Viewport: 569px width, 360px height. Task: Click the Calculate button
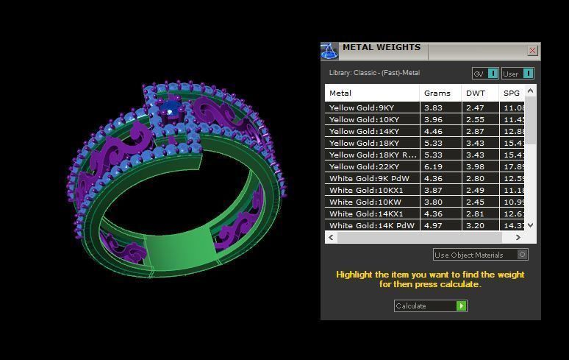coord(430,306)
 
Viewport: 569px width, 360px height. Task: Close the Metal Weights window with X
coord(532,51)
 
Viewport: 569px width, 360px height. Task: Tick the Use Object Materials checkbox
coord(522,255)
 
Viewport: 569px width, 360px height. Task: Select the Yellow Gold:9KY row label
coord(362,107)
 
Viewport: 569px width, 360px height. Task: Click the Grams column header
coord(437,93)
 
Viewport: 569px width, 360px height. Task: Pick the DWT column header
coord(474,93)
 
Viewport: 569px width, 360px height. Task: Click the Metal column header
coord(340,93)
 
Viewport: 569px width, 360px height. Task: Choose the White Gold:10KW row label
coord(365,202)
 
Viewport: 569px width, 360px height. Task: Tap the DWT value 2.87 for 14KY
coord(474,131)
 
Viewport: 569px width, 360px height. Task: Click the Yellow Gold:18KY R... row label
coord(373,155)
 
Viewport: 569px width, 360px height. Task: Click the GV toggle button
coord(485,74)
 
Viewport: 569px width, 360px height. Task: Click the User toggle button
coord(518,74)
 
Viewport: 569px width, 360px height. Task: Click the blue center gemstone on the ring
coord(169,110)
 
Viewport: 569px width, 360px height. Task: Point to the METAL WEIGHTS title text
coord(381,48)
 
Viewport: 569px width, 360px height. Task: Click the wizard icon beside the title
coord(329,51)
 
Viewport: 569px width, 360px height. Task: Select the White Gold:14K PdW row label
coord(372,225)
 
